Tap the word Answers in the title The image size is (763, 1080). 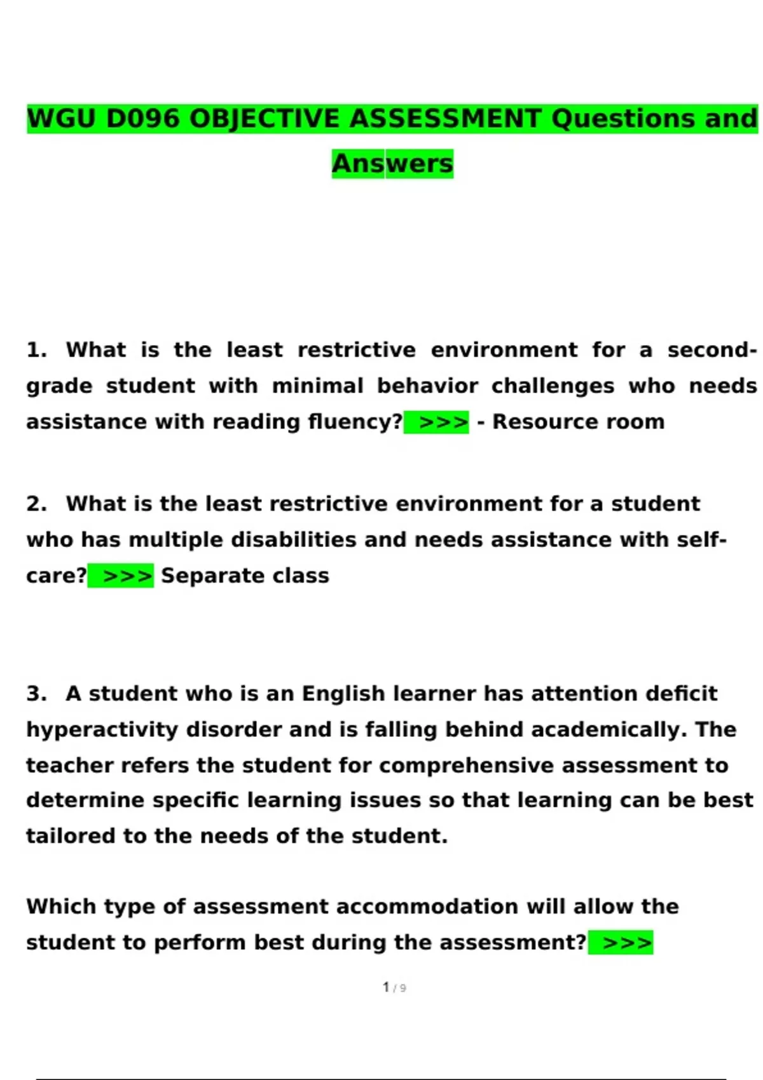click(392, 163)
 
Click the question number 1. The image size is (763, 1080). click(36, 350)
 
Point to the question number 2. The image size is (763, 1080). click(36, 504)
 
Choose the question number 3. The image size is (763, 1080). click(36, 693)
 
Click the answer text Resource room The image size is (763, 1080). click(578, 422)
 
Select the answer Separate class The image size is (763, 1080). click(245, 576)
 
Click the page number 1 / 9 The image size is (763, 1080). click(394, 987)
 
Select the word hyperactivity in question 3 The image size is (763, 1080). click(102, 729)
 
